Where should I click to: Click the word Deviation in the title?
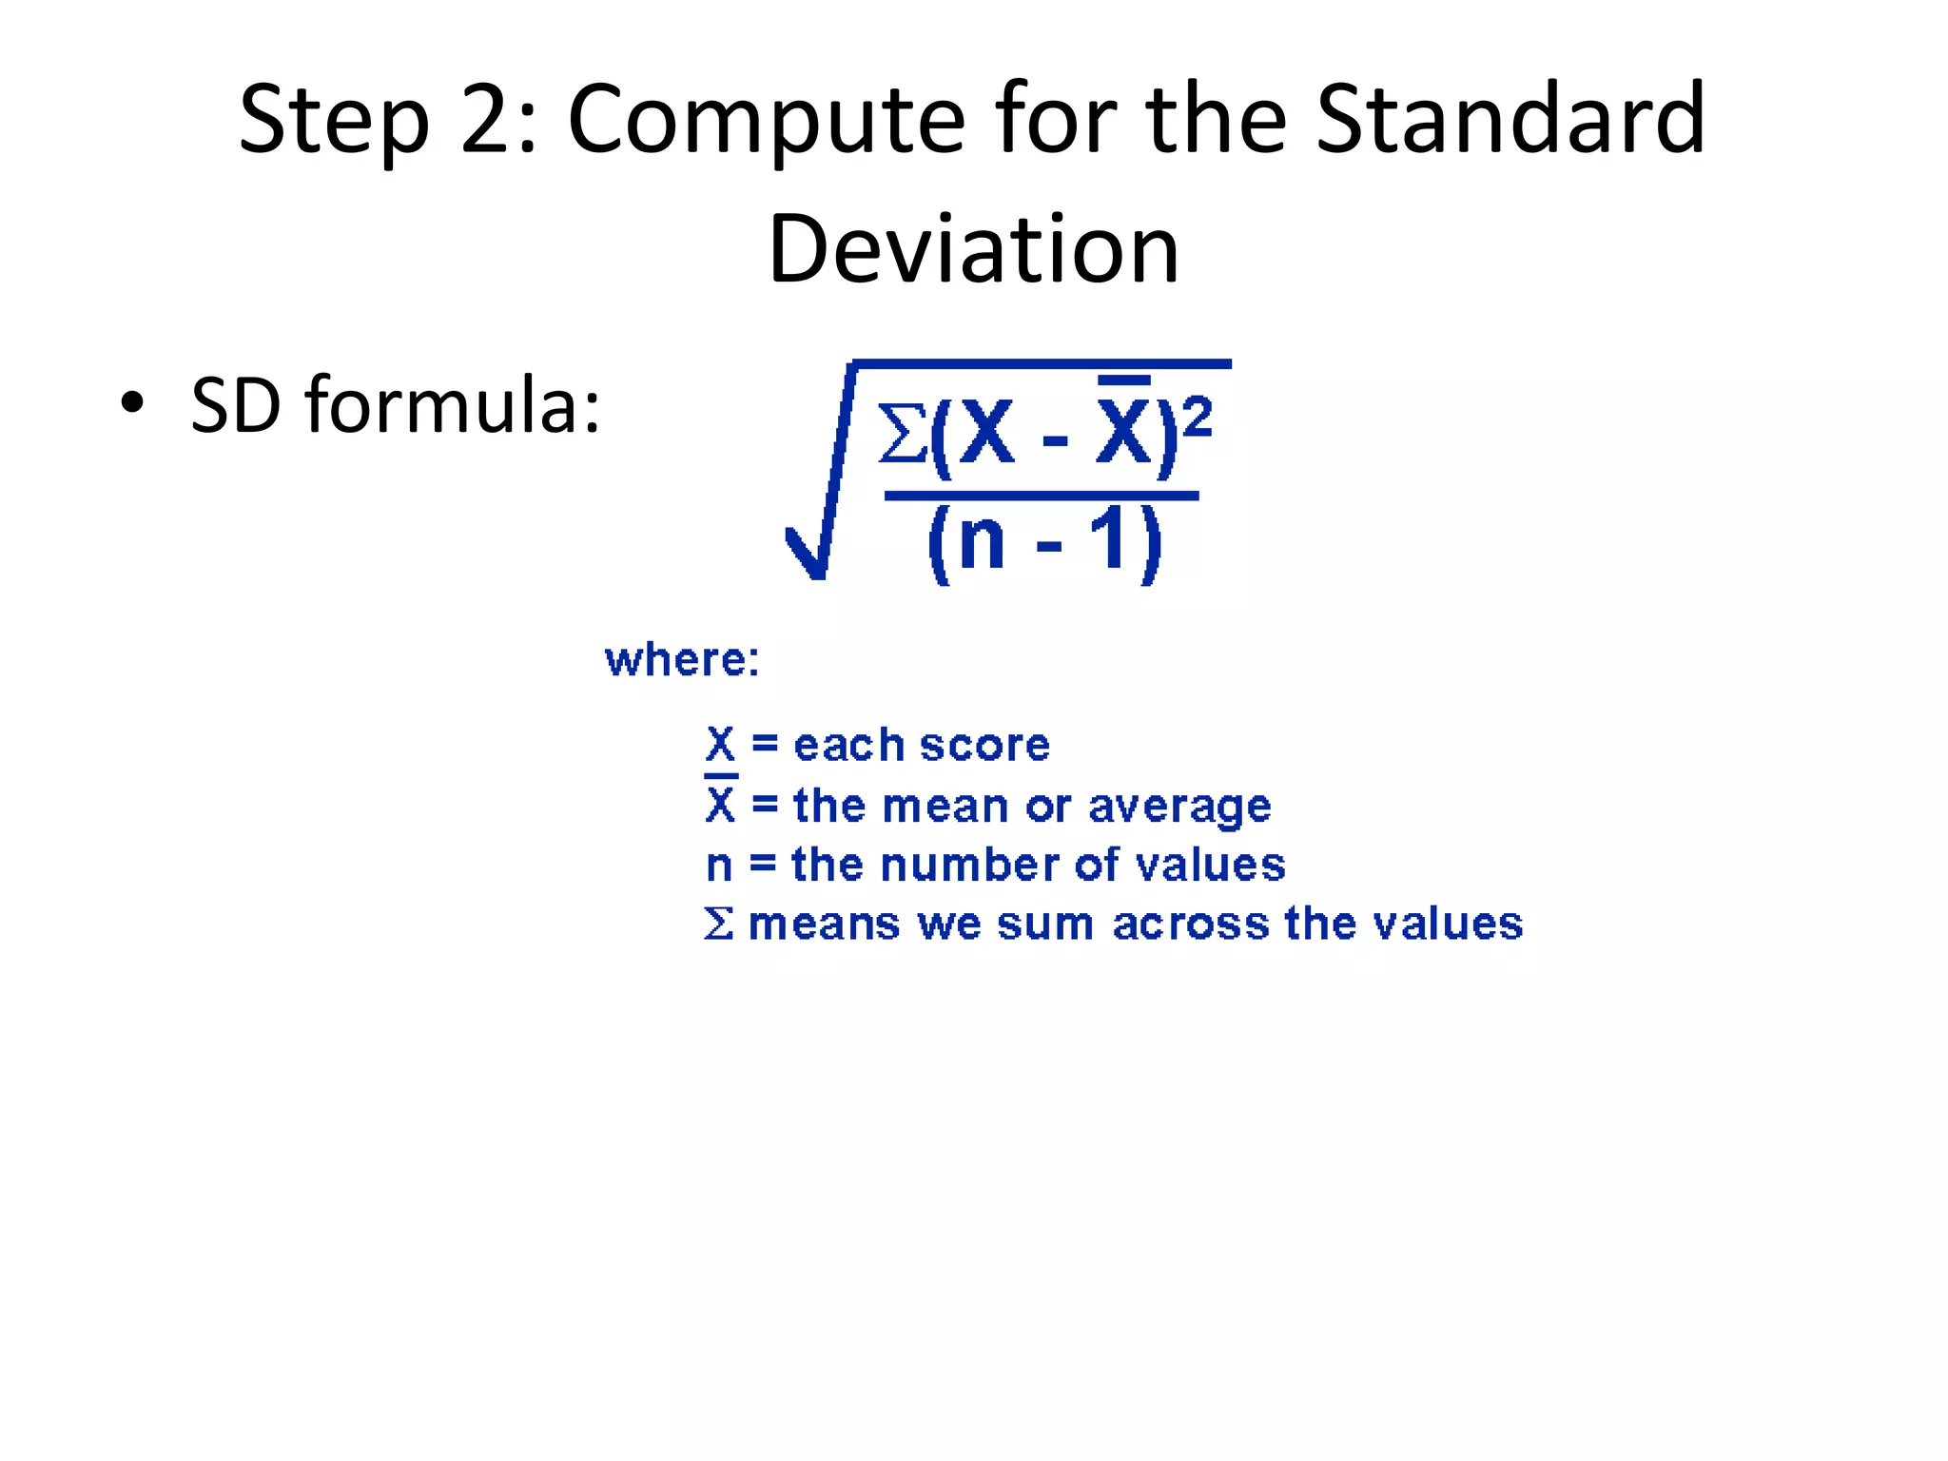[973, 249]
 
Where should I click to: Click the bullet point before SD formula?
[132, 403]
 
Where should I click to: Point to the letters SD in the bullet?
[235, 405]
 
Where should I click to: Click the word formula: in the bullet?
[453, 405]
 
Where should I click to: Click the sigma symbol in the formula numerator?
[901, 433]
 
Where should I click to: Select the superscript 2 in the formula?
[1198, 418]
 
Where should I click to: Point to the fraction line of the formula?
[1041, 496]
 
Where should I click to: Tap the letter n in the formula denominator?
[981, 541]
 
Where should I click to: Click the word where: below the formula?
[682, 660]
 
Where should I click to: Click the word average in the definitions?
[1179, 807]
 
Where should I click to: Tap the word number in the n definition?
[969, 866]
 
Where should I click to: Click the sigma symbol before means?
[719, 924]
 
